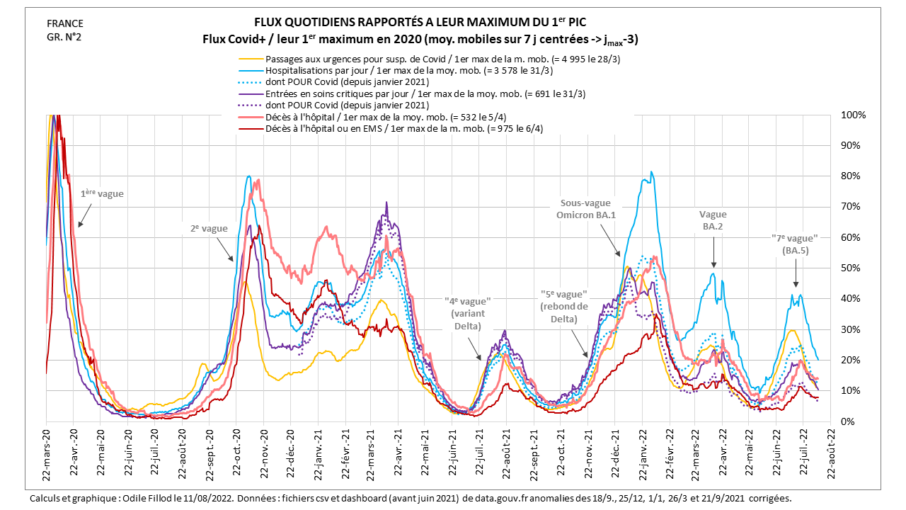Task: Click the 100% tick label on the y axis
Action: (851, 115)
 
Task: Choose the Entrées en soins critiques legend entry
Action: (425, 93)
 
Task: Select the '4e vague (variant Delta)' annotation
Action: (467, 314)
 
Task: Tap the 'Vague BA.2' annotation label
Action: (713, 220)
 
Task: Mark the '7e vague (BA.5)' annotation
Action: (794, 244)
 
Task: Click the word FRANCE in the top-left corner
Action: (60, 23)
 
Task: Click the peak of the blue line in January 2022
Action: (651, 172)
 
